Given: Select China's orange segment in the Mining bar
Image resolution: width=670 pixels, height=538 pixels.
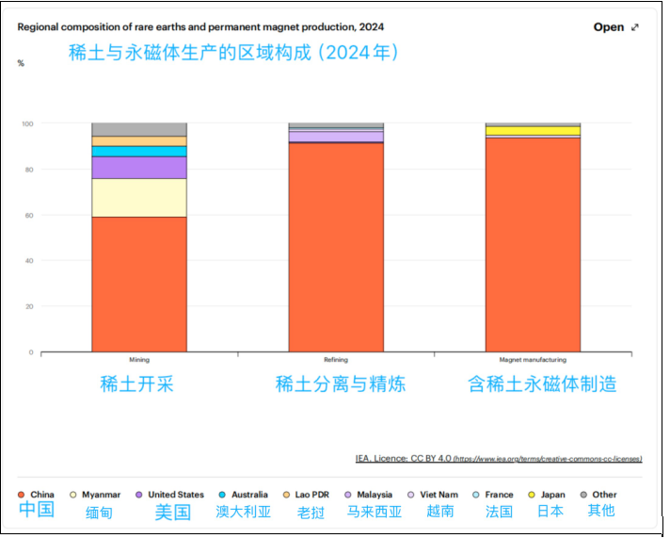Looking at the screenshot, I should [138, 283].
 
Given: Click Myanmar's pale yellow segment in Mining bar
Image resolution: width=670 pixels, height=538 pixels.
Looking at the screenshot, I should [138, 198].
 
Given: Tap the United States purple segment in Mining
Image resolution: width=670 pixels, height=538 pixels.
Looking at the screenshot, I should [138, 168].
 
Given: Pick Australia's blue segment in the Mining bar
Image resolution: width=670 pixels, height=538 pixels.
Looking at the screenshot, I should [138, 151].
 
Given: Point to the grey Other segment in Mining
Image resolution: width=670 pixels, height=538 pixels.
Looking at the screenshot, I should [138, 129].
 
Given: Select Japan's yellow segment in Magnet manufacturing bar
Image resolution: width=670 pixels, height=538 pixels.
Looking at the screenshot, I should [533, 131].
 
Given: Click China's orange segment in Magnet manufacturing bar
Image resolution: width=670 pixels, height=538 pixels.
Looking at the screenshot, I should [533, 245].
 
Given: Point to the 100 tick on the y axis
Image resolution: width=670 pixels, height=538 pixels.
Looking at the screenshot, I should [27, 123].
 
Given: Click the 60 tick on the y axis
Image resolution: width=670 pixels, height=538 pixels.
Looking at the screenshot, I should [28, 215].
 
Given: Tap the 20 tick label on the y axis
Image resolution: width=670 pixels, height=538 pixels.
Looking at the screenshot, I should [28, 306].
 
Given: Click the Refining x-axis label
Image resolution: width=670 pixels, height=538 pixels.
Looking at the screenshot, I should [336, 360].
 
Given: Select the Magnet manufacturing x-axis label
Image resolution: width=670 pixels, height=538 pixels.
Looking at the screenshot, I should [533, 360].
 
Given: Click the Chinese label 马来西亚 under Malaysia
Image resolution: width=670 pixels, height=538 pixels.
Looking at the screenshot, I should [374, 512].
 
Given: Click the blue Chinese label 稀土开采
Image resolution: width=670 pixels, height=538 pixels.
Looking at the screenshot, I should [137, 383].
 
